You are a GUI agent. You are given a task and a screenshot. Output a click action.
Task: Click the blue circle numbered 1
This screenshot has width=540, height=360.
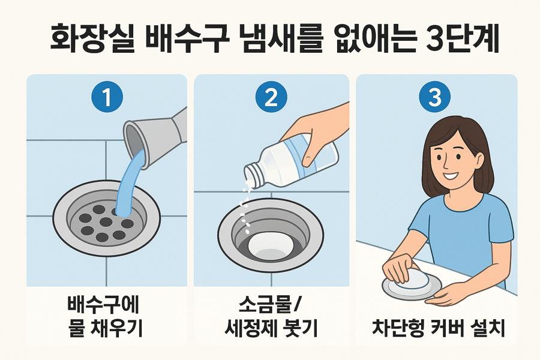(x=107, y=97)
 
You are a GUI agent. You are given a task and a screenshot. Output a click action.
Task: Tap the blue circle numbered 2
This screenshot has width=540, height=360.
(x=271, y=97)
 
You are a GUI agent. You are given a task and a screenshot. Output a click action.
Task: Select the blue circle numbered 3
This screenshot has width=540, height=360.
(x=434, y=97)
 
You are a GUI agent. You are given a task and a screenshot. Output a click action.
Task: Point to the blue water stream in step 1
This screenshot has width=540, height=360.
(x=129, y=182)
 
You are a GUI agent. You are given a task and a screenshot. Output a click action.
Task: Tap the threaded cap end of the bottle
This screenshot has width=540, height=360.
(x=253, y=176)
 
